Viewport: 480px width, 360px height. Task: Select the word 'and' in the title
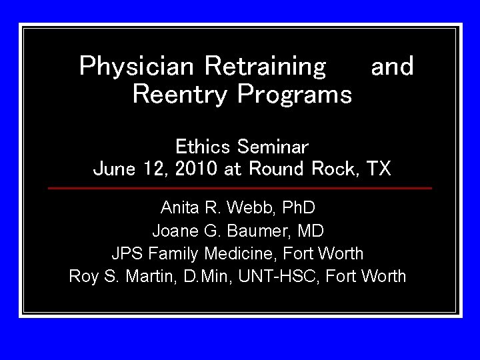[392, 67]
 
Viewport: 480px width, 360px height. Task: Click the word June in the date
[115, 169]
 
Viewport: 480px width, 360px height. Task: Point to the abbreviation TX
[379, 169]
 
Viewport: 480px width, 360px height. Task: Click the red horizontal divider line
[240, 188]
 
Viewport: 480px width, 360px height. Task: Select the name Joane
[174, 231]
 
